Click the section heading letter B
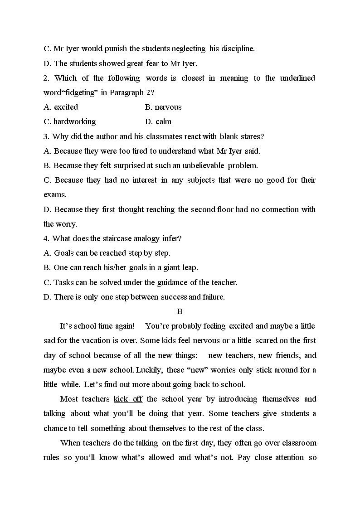tap(180, 311)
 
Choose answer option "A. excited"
tap(61, 107)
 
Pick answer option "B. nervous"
tap(163, 107)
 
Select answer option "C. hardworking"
tap(70, 121)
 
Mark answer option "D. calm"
tap(158, 121)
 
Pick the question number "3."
tap(46, 136)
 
